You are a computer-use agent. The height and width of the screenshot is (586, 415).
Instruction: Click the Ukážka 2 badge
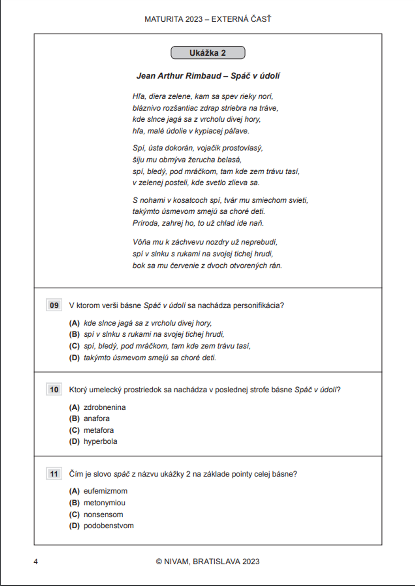click(207, 53)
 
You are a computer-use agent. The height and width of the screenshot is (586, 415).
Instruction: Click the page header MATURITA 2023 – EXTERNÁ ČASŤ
click(207, 19)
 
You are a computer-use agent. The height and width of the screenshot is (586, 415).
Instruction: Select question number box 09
click(54, 305)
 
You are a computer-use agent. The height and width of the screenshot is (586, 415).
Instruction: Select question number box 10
click(54, 390)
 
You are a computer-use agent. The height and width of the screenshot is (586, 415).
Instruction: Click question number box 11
click(54, 474)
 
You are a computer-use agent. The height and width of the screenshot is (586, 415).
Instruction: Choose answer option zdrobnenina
click(105, 407)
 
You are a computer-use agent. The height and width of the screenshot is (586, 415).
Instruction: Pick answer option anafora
click(97, 419)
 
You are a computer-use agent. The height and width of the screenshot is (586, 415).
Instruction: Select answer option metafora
click(99, 430)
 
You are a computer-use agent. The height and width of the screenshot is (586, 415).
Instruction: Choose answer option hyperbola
click(100, 441)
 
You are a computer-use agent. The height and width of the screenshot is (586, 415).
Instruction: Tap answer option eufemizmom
click(105, 491)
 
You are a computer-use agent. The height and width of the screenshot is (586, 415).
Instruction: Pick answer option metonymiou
click(104, 503)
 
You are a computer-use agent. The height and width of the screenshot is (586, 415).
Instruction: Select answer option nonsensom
click(103, 515)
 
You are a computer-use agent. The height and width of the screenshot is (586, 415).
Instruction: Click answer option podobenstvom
click(109, 526)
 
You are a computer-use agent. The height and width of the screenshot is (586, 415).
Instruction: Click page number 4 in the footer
click(36, 562)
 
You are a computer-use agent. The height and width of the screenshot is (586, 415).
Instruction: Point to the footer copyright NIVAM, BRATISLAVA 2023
click(207, 562)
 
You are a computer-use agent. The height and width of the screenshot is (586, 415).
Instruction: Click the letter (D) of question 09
click(74, 358)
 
